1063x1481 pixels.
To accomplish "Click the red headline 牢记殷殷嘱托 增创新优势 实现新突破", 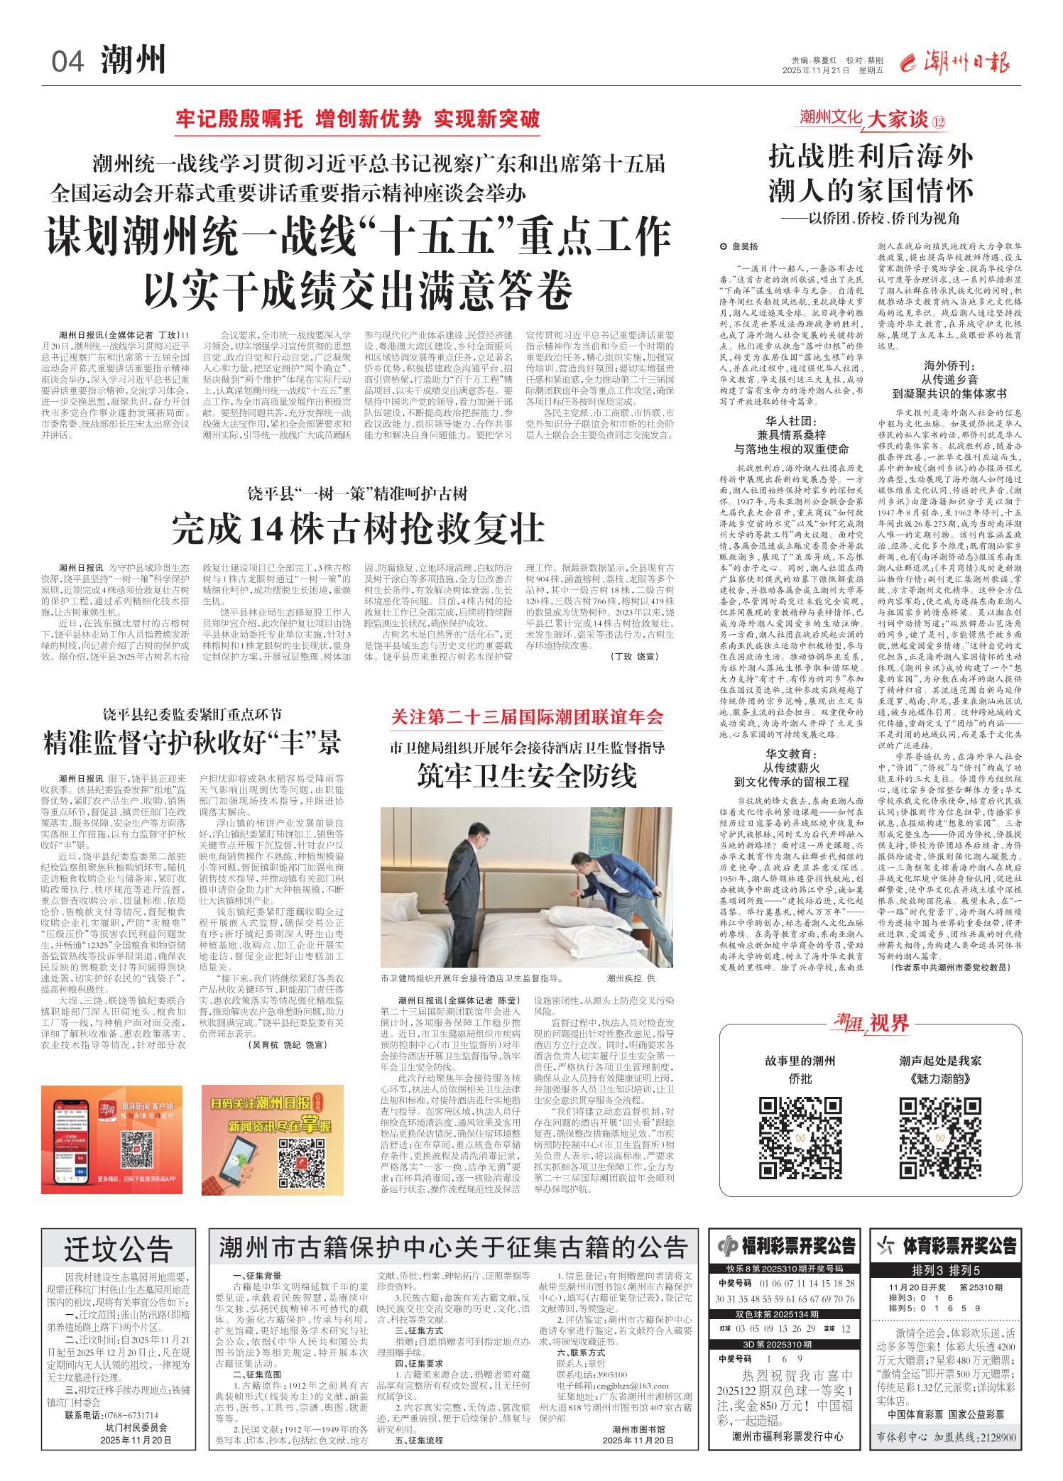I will click(x=358, y=119).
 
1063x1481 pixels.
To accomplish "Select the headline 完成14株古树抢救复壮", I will click(x=358, y=528).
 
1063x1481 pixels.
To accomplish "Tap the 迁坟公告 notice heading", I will click(x=119, y=1247).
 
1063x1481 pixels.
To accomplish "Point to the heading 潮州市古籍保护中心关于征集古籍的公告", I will click(x=454, y=1247).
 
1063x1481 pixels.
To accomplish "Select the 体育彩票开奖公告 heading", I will click(x=954, y=1246).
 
